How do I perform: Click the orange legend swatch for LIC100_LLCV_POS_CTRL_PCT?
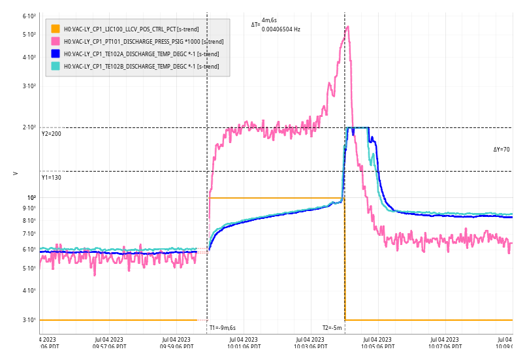coord(56,29)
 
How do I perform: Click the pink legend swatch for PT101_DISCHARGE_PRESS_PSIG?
coord(56,41)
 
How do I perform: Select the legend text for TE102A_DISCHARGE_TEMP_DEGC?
coord(141,54)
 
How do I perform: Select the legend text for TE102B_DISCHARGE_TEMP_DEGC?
coord(141,66)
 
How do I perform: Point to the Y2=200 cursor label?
coord(51,134)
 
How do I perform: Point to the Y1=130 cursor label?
coord(51,178)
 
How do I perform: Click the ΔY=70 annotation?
coord(501,150)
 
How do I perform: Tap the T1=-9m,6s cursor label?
coord(222,328)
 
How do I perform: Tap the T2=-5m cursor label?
coord(332,328)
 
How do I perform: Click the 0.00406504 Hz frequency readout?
coord(281,29)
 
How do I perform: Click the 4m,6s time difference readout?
coord(269,21)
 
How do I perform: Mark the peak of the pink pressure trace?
coord(347,27)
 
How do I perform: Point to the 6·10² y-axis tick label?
coord(29,16)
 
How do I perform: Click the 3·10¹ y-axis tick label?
coord(29,320)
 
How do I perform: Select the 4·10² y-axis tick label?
coord(29,57)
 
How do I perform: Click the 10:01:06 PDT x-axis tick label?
coord(244,347)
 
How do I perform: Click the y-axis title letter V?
coord(16,173)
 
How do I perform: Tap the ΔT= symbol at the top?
coord(255,25)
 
